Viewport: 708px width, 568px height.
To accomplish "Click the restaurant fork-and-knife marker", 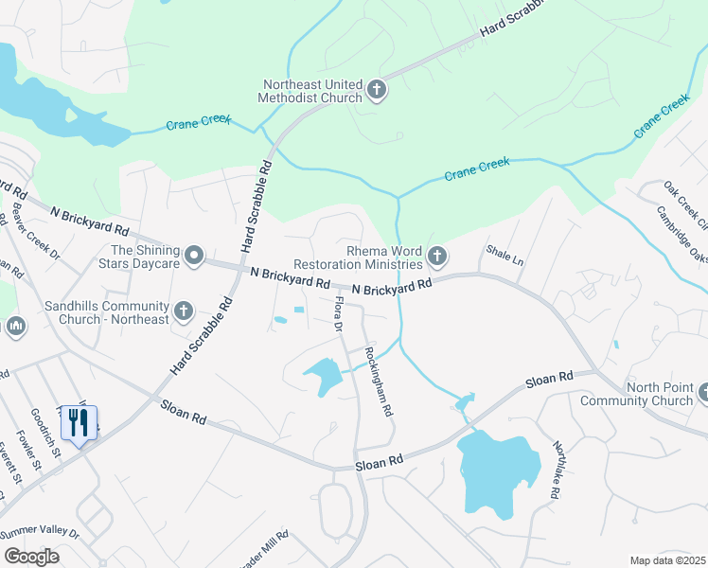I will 80,422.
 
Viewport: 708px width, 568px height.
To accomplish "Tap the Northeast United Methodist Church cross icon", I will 377,91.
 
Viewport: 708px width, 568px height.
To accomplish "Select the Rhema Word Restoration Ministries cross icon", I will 436,256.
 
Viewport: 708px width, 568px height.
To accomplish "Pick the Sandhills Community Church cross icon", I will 184,310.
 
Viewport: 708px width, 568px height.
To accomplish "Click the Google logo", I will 31,556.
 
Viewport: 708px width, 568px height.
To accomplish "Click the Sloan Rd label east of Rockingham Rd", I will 549,378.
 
